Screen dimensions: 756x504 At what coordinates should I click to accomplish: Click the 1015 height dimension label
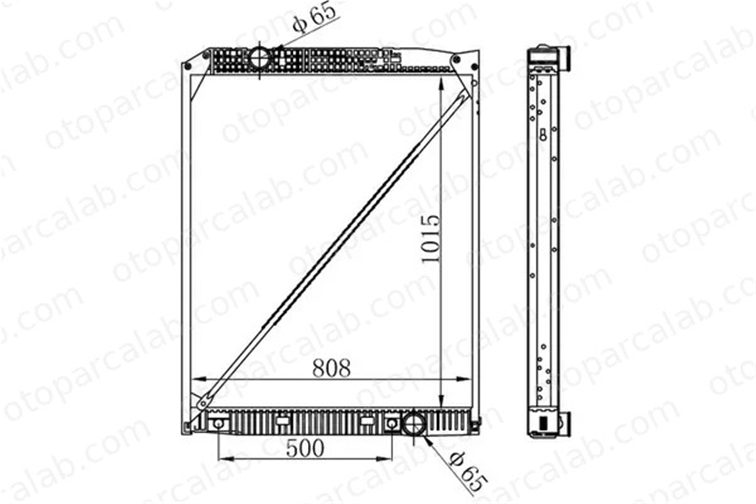431,239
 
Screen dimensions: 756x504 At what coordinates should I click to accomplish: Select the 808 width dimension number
332,368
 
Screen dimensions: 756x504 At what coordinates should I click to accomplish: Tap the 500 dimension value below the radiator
305,448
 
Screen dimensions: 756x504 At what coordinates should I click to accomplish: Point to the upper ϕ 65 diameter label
314,17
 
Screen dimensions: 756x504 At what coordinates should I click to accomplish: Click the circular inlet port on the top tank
260,59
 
